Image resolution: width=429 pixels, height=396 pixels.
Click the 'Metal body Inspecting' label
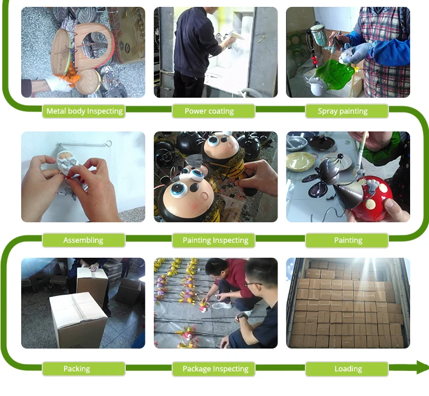84,111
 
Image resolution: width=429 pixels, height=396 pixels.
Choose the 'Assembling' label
84,240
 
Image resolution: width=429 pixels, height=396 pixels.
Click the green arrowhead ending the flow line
422,367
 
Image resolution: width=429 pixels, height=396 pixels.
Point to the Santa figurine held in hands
68,164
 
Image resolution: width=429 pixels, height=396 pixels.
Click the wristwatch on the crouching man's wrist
242,317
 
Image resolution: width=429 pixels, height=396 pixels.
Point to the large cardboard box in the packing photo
78,319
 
